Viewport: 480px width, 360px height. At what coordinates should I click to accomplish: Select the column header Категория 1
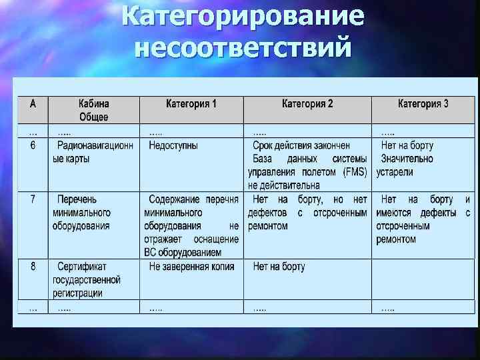191,104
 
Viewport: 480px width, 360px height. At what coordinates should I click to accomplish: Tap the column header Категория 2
307,104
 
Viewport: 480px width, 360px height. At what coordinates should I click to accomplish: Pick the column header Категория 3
423,104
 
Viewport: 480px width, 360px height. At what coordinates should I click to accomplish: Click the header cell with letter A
33,104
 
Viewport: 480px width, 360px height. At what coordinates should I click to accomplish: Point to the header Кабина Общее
94,110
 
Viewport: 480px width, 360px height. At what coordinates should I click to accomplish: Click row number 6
33,145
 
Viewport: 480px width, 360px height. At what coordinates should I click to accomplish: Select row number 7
33,199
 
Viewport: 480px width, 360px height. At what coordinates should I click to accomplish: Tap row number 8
33,267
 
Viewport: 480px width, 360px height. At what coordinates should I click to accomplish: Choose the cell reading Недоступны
173,145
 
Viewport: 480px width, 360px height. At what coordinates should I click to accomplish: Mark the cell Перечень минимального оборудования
82,213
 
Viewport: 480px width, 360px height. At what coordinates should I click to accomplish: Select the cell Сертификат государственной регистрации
87,280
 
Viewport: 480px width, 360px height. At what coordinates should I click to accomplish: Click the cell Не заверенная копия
191,267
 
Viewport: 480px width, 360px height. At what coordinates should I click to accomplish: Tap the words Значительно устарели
405,165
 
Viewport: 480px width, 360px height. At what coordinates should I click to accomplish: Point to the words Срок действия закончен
301,145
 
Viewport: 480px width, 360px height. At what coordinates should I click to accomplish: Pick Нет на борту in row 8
279,267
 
